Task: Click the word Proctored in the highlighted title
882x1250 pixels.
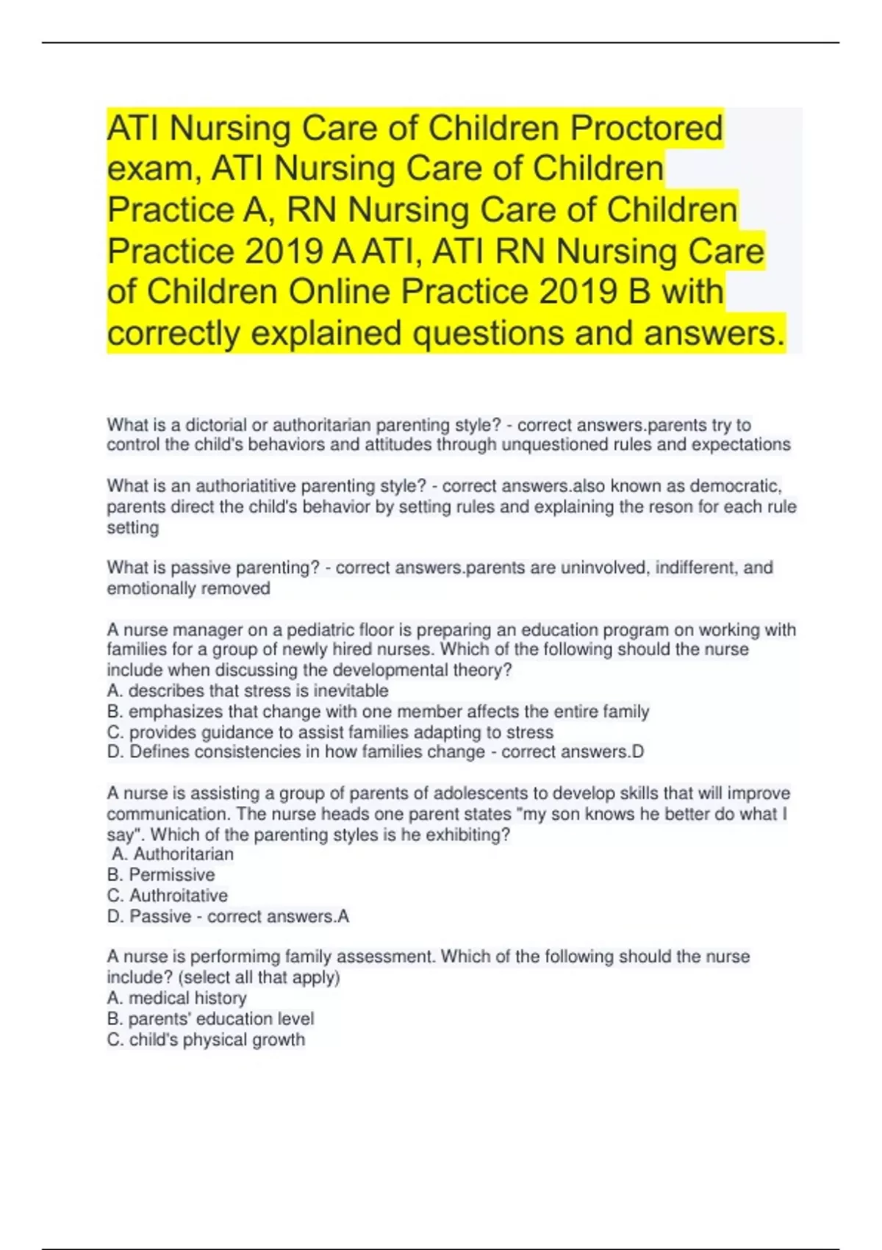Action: tap(647, 129)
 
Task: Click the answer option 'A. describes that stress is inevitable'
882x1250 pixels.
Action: tap(248, 691)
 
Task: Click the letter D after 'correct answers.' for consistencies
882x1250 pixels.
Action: tap(638, 752)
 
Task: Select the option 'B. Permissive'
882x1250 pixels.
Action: tap(161, 875)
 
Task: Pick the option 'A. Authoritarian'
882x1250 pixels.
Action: tap(173, 854)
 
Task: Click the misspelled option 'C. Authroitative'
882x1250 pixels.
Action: tap(168, 896)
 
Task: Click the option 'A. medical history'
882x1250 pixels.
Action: tap(177, 998)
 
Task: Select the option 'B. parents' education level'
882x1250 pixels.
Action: tap(210, 1018)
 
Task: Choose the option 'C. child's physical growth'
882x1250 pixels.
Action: tap(206, 1040)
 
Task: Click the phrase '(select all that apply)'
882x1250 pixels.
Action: tap(246, 977)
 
